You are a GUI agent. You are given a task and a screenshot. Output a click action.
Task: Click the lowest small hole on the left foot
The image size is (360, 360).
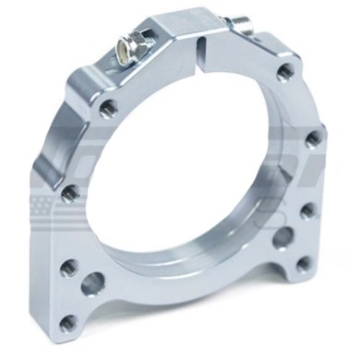(x=67, y=322)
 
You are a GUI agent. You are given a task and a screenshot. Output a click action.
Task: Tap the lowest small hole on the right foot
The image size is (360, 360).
(x=304, y=263)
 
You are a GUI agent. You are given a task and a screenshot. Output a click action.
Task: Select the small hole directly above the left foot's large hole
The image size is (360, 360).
(x=67, y=269)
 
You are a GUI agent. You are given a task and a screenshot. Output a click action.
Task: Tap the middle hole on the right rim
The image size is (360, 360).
(x=313, y=138)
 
